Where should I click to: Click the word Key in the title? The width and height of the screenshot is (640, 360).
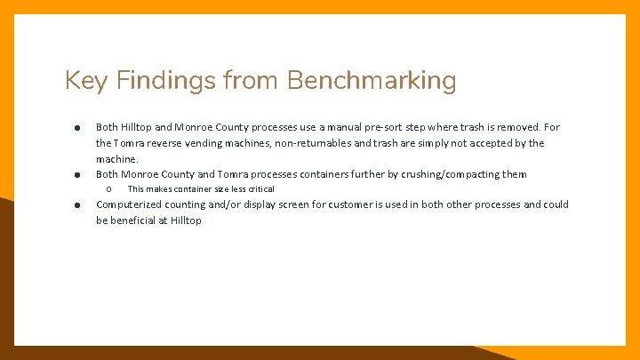[x=83, y=82]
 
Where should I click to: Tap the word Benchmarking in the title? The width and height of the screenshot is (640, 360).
[x=372, y=82]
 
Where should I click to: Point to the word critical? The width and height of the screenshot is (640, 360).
[x=259, y=189]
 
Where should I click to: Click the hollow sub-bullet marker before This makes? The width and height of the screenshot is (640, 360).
[x=108, y=189]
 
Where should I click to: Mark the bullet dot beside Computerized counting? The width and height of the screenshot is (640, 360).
[x=78, y=205]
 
